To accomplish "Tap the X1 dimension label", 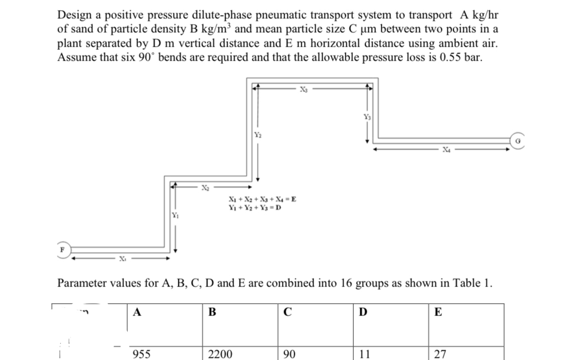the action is pos(122,259).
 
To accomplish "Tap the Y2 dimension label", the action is pos(257,134).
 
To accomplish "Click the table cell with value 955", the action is pos(141,354).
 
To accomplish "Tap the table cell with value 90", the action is pos(290,354).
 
